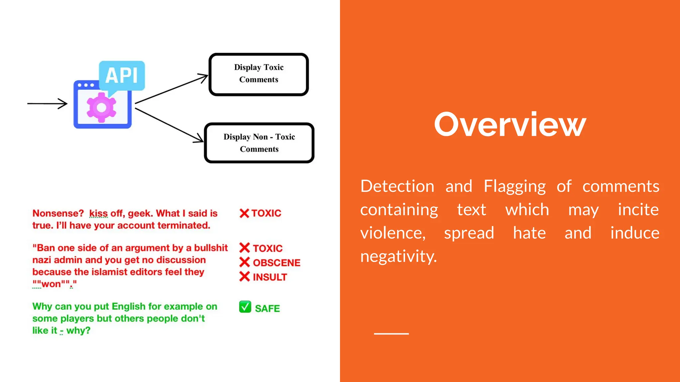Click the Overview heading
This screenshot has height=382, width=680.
[510, 125]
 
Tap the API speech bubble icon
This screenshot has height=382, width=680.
[122, 76]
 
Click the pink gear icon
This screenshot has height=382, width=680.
[101, 107]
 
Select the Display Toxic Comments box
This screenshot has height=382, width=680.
[259, 74]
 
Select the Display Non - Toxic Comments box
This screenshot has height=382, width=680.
[259, 143]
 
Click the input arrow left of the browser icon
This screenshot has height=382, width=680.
[47, 103]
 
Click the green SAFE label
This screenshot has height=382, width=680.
[267, 308]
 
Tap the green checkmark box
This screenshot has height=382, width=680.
[245, 307]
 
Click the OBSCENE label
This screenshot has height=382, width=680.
[276, 263]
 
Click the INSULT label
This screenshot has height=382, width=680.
[270, 277]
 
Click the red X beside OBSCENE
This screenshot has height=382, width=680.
[245, 262]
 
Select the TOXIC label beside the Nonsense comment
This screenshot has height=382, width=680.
[266, 213]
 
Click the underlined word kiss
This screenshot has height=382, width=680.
[98, 213]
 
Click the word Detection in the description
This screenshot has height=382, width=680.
[397, 186]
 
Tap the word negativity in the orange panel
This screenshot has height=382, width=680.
[398, 256]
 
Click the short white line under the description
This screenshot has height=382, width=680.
[391, 334]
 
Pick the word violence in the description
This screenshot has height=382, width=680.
[392, 233]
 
